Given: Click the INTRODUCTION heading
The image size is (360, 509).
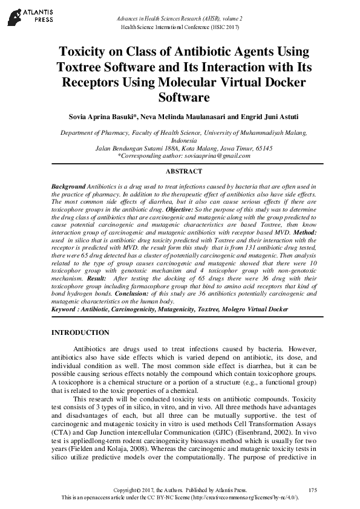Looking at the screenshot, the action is pyautogui.click(x=80, y=332).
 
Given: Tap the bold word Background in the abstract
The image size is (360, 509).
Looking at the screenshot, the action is pyautogui.click(x=68, y=187).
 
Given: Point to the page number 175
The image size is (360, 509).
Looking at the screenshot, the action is pyautogui.click(x=312, y=489).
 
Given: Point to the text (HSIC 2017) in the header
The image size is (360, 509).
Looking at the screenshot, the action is pyautogui.click(x=226, y=27).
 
